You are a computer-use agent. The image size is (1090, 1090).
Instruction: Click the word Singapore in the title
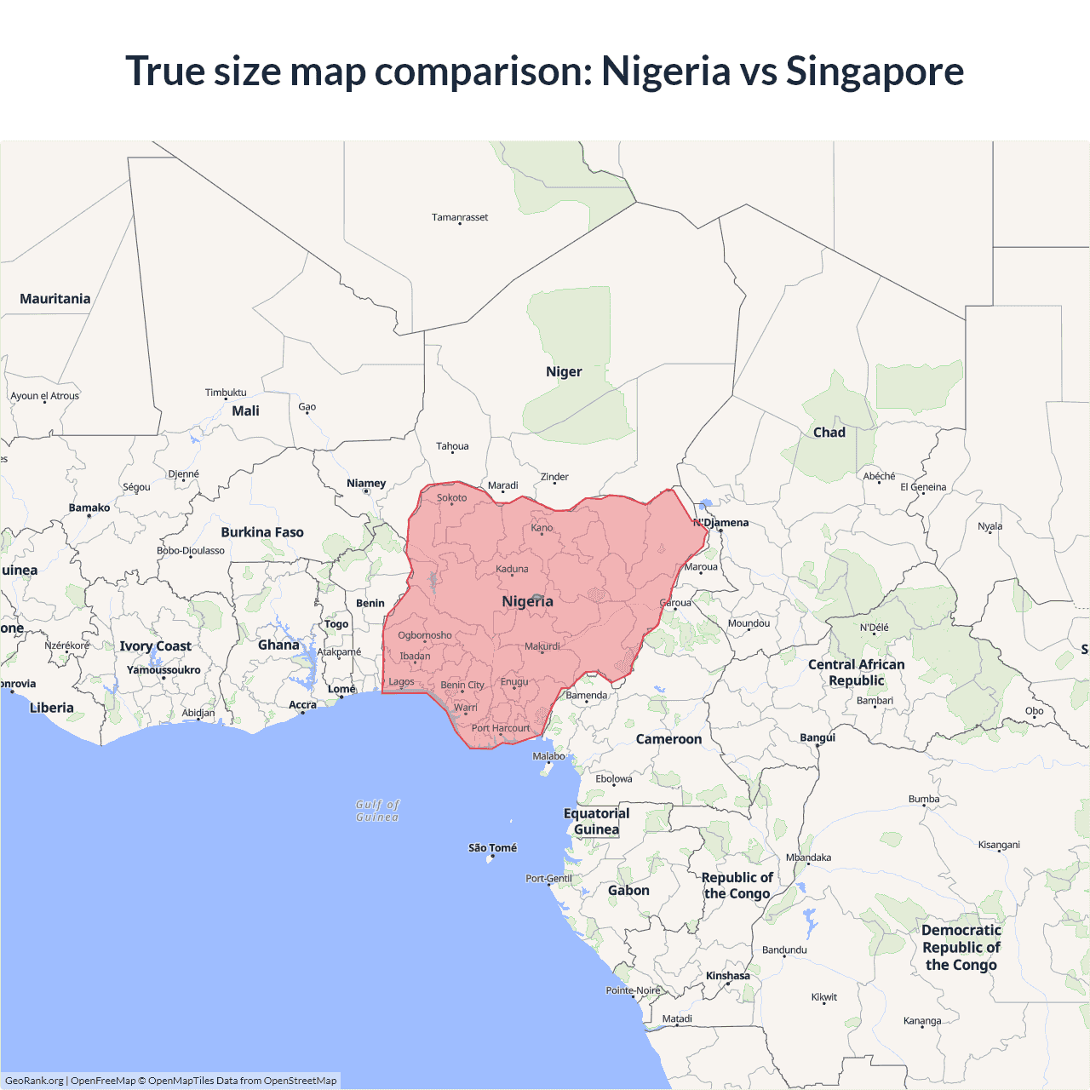coord(875,72)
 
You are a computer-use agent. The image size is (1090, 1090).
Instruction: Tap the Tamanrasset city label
coord(460,217)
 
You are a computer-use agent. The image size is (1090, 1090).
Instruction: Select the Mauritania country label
coord(55,299)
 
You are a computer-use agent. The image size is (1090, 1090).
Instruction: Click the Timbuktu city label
coord(226,393)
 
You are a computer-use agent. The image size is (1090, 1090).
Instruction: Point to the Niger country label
coord(564,372)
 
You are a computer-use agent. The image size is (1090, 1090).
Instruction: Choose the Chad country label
coord(829,433)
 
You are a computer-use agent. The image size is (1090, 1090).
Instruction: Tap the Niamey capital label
coord(366,484)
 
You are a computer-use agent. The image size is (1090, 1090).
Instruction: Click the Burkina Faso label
coord(262,532)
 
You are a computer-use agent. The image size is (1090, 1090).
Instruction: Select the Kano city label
coord(542,528)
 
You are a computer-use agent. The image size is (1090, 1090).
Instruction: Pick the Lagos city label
coord(401,682)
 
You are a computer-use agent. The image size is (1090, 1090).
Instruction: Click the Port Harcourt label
coord(501,728)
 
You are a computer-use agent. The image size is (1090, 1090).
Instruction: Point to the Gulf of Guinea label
coord(377,811)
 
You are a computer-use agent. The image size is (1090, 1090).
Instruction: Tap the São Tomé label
coord(492,848)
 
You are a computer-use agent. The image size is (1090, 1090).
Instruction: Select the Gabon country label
coord(628,891)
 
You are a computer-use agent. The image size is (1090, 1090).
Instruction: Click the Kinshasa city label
coord(728,976)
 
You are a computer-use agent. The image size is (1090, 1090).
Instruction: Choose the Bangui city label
coord(817,737)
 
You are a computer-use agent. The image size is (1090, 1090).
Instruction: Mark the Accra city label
coord(302,705)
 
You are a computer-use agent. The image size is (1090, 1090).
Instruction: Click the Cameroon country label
coord(669,739)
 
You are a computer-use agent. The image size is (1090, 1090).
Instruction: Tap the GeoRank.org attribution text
coord(34,1081)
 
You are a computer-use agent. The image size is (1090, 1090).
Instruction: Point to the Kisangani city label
coord(999,845)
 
